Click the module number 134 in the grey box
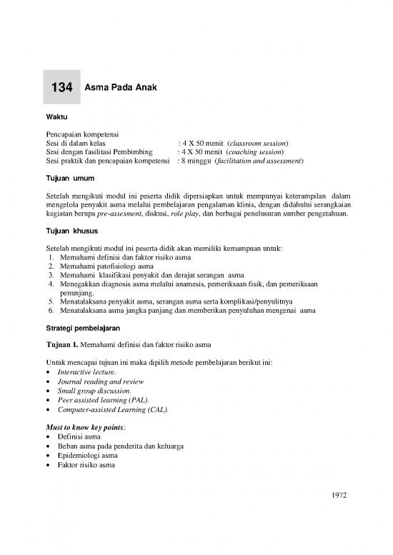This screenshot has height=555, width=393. pos(63,89)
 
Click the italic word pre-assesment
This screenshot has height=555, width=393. pos(124,212)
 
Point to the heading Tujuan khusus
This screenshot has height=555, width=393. pos(71,231)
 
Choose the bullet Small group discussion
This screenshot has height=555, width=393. pos(96,391)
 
